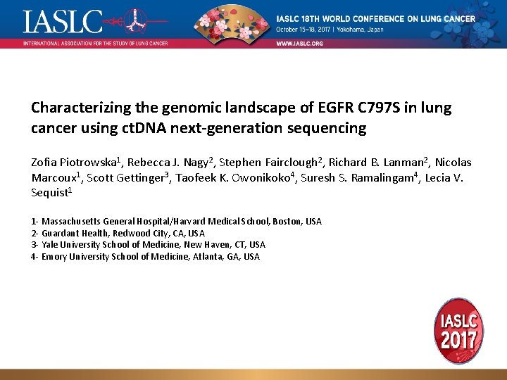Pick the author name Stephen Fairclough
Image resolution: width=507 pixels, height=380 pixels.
tap(264, 161)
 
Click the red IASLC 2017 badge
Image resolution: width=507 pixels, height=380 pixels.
tap(459, 331)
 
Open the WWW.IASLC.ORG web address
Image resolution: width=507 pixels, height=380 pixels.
tap(299, 43)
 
